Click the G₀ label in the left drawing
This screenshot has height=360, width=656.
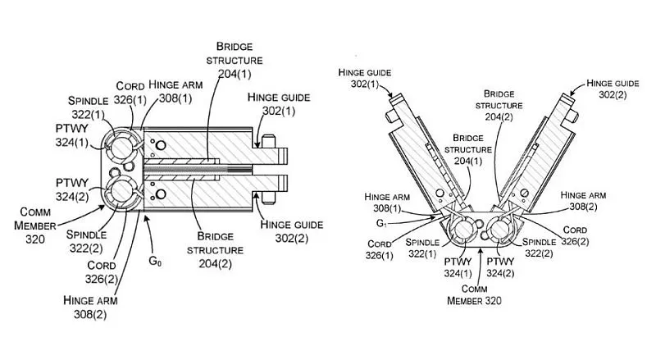tap(155, 262)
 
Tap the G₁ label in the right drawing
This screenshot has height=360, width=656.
tap(381, 224)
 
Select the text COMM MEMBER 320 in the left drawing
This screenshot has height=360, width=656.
tap(35, 226)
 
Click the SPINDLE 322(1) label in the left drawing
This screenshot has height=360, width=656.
tap(89, 107)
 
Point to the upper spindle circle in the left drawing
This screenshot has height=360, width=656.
tap(121, 148)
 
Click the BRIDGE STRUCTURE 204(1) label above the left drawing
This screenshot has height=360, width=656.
tap(235, 61)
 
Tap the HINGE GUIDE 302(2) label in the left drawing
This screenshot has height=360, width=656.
tap(292, 231)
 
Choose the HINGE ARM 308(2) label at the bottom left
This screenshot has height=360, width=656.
tap(90, 308)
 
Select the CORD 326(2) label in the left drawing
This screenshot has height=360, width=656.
tap(101, 272)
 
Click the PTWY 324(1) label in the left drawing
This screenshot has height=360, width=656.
tap(72, 135)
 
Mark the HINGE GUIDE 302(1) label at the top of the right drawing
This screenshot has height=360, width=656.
tap(364, 78)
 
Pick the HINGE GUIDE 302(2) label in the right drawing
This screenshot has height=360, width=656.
tap(613, 89)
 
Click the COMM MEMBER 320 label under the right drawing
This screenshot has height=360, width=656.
tap(474, 294)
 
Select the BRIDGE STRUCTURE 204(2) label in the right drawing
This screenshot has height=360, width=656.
tap(499, 106)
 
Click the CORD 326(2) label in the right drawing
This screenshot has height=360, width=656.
tap(575, 235)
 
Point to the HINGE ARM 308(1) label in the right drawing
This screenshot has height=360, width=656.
tap(387, 203)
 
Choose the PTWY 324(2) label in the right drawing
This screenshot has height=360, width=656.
tap(500, 267)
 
